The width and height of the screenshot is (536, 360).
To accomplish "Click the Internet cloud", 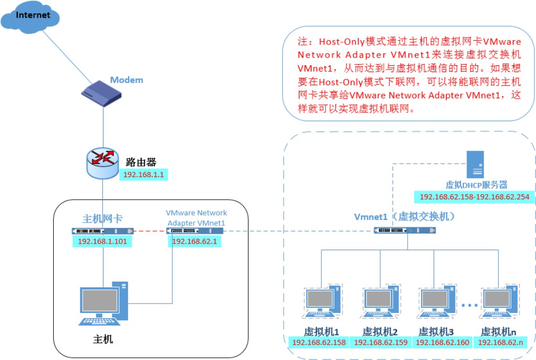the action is coord(30,17).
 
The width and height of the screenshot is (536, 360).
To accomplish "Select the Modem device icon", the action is coord(101,94).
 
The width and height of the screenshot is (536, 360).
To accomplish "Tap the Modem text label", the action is coord(126,80).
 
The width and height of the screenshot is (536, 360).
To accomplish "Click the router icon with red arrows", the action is coord(102,163).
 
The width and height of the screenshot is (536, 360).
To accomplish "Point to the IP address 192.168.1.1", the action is coord(144,175).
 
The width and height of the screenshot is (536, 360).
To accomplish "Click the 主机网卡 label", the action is coord(102,218).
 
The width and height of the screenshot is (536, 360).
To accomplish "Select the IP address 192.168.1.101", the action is coord(102,241).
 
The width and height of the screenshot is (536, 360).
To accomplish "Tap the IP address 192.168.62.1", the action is coord(194,241).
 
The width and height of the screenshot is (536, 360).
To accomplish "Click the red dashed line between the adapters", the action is coord(150,231).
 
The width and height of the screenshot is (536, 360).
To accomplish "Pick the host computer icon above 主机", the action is coord(103,303).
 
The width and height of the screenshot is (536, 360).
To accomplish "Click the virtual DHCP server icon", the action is coord(475,165).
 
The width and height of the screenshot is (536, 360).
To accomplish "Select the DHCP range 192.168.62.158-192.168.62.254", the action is coord(474,197).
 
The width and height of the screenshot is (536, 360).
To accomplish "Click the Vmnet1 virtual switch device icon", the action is coord(405,230).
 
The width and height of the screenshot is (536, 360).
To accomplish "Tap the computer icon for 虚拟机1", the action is coord(322,301).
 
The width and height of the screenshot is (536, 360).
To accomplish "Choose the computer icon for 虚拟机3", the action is coord(437,301).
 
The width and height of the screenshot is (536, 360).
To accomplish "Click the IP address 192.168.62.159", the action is coord(381,342).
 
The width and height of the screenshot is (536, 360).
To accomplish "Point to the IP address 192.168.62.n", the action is coord(500,342).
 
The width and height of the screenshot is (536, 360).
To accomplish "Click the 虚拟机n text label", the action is coord(498,332).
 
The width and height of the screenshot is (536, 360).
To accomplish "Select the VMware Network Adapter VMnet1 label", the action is coord(196,218).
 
